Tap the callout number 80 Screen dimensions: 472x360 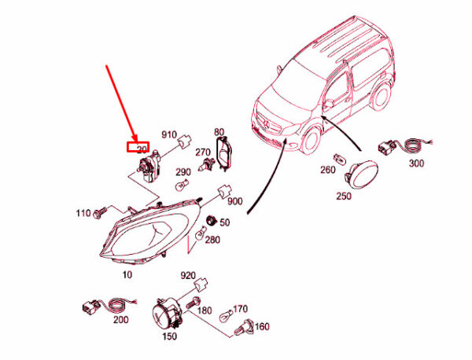[x=219, y=131]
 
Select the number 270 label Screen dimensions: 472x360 [x=202, y=152]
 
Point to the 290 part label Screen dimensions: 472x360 [x=183, y=172]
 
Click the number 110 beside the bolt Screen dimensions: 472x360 [x=83, y=213]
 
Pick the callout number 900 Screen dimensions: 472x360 [x=235, y=200]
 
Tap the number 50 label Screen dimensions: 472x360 [x=225, y=223]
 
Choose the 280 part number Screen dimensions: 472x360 [x=212, y=240]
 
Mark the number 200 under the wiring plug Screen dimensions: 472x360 [x=120, y=321]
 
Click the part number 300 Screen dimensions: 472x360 [x=415, y=163]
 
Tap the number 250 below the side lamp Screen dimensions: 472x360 [x=343, y=195]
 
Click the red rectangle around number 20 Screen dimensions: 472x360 [x=138, y=146]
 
